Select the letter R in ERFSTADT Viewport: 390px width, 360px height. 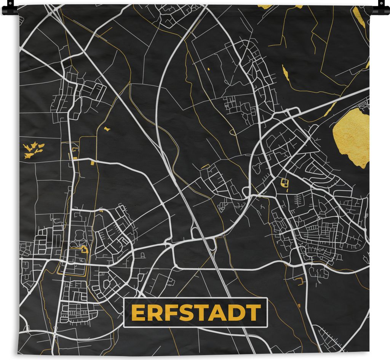coord(154,313)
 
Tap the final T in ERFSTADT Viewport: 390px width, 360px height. coord(253,313)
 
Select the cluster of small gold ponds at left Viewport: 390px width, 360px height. coord(34,149)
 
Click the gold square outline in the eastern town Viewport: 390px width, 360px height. coord(284,183)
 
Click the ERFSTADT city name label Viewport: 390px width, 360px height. coord(196,313)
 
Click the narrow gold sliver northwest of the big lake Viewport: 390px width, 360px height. coord(285,72)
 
